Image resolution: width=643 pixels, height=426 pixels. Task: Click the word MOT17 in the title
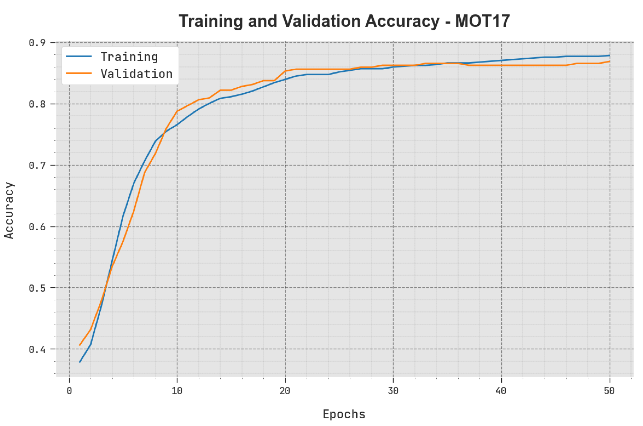point(482,21)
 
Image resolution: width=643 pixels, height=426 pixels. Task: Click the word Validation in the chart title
point(321,21)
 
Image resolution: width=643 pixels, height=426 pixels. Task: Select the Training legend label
point(129,57)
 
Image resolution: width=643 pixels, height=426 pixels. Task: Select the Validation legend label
point(136,74)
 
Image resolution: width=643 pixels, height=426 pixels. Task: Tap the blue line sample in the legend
point(79,57)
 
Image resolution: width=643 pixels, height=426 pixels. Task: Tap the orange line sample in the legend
point(79,73)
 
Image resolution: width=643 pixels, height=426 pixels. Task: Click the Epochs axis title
point(344,414)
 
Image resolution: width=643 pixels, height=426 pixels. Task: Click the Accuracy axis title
point(9,211)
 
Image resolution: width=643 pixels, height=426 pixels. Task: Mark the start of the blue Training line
point(79,362)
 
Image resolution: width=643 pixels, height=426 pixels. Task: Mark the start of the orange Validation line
point(79,345)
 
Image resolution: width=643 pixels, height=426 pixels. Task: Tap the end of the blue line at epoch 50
point(610,55)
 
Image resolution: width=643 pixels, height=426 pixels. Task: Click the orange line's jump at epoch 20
point(285,71)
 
